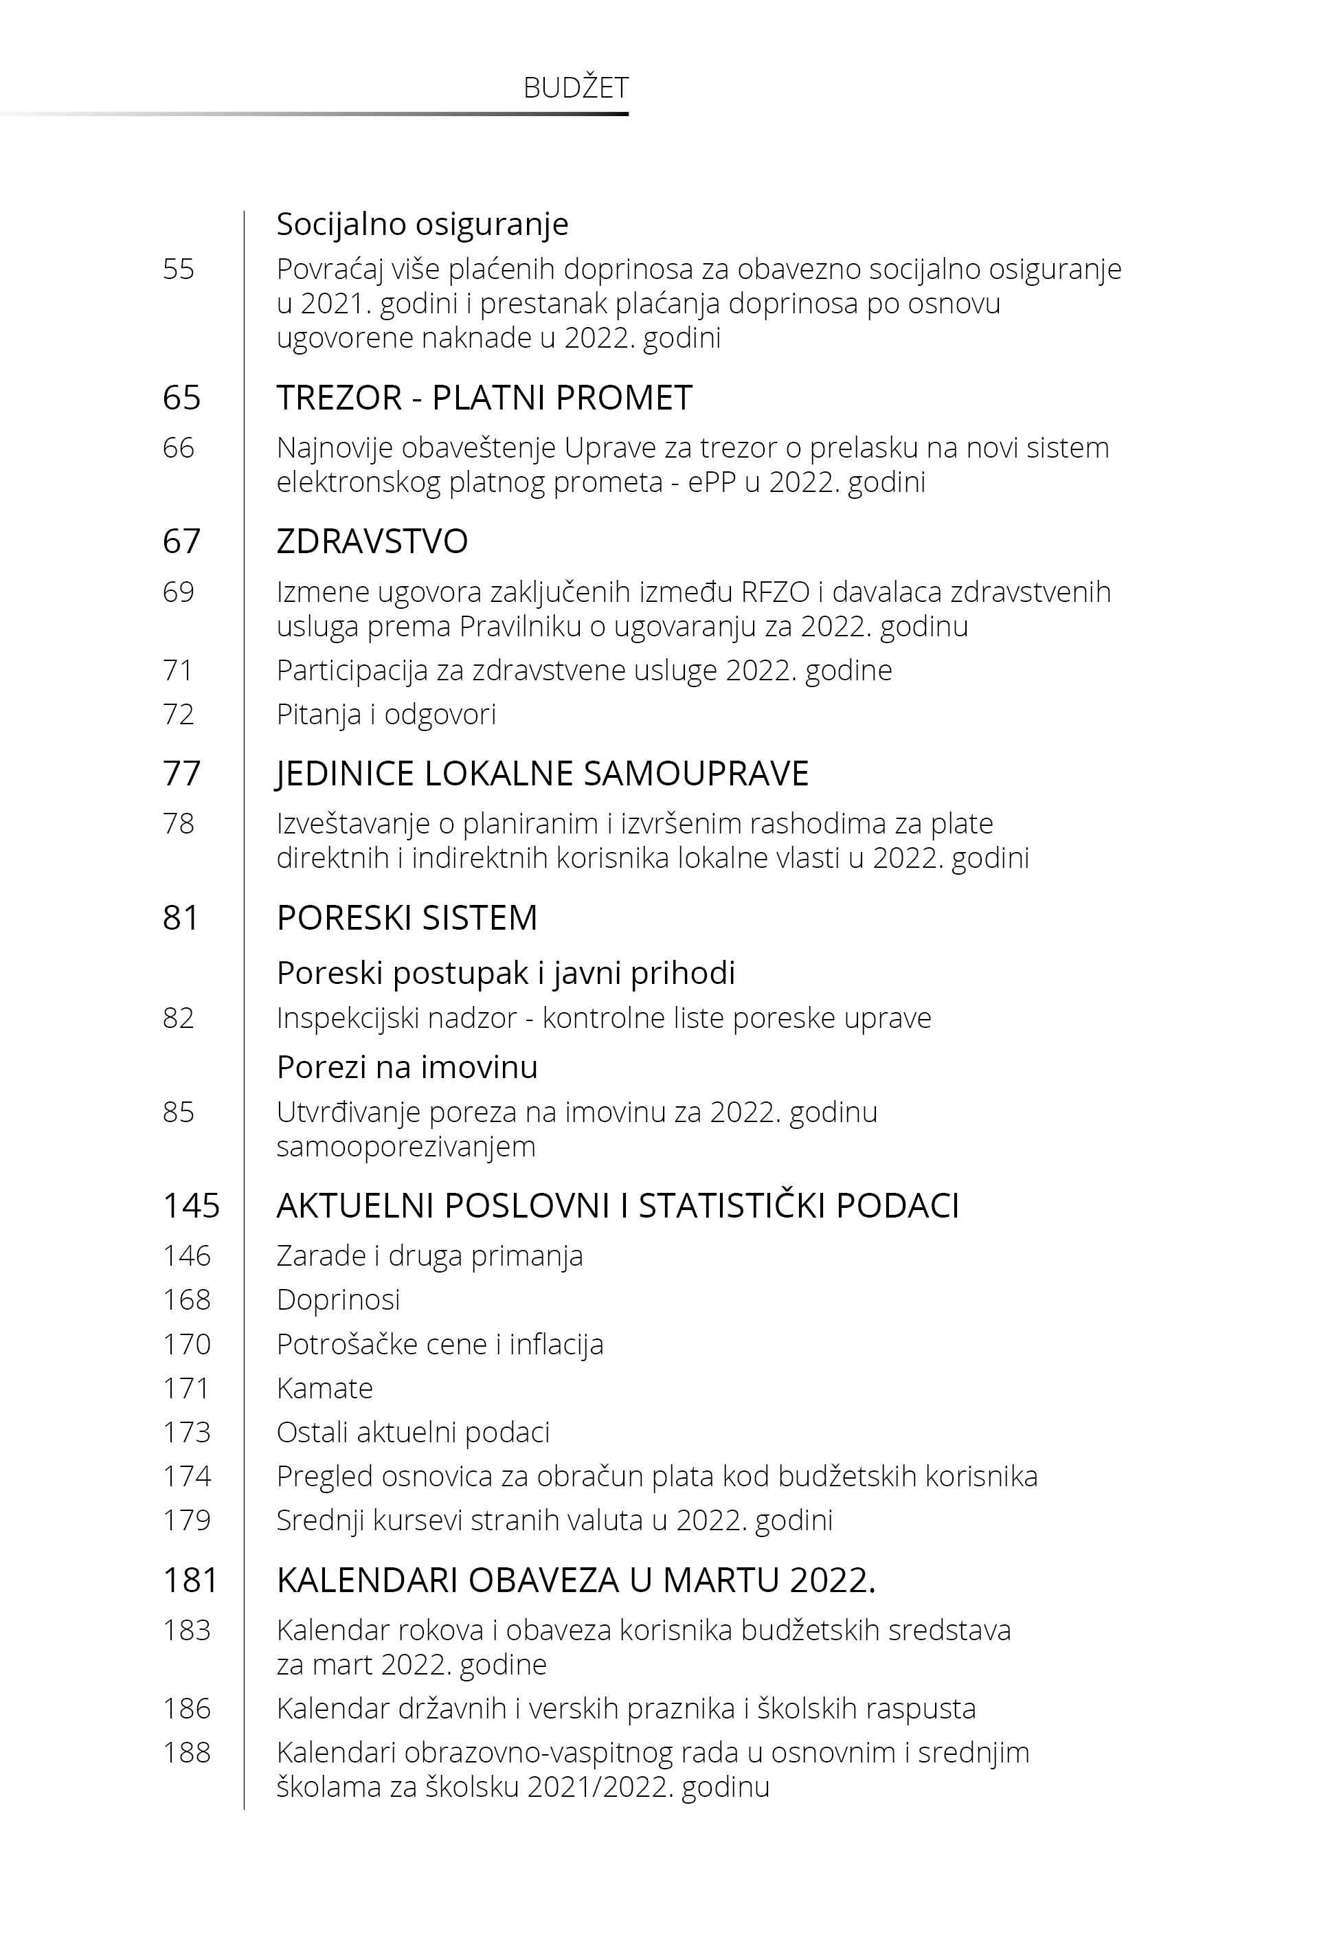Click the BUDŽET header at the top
pyautogui.click(x=576, y=88)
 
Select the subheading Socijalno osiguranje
pyautogui.click(x=422, y=224)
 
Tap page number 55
pyautogui.click(x=178, y=269)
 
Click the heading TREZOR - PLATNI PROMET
pyautogui.click(x=484, y=398)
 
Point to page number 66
pyautogui.click(x=178, y=448)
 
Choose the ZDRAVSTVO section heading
pyautogui.click(x=372, y=542)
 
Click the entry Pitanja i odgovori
pyautogui.click(x=386, y=714)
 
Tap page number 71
pyautogui.click(x=178, y=671)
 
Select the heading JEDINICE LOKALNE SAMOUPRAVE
pyautogui.click(x=542, y=774)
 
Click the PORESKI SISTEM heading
pyautogui.click(x=407, y=918)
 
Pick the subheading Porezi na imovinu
pyautogui.click(x=407, y=1067)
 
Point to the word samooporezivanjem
pyautogui.click(x=405, y=1147)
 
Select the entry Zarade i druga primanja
pyautogui.click(x=429, y=1256)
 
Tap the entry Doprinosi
pyautogui.click(x=338, y=1299)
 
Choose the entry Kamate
pyautogui.click(x=325, y=1389)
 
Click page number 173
pyautogui.click(x=186, y=1432)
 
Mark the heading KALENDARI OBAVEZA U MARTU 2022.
pyautogui.click(x=576, y=1580)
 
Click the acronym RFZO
pyautogui.click(x=775, y=592)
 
